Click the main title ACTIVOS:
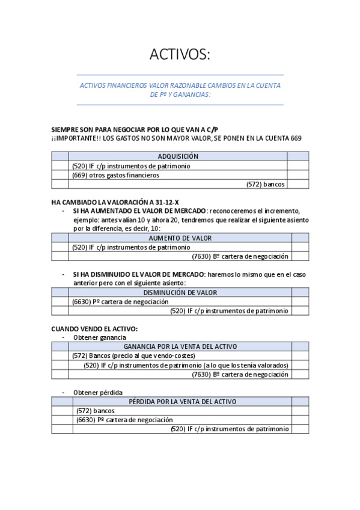tap(180, 55)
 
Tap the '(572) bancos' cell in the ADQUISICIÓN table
tap(265, 185)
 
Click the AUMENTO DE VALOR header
tap(180, 238)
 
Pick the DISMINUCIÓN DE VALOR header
tap(180, 293)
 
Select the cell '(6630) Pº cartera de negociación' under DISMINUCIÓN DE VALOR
tap(120, 302)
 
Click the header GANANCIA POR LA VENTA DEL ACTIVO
tap(180, 347)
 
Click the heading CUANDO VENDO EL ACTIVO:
tap(94, 328)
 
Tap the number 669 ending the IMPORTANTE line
tap(296, 138)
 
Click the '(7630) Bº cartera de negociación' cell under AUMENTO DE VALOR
tap(240, 257)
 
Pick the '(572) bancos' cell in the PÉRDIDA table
tap(96, 411)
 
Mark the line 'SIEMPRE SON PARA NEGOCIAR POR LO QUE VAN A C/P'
tap(135, 129)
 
